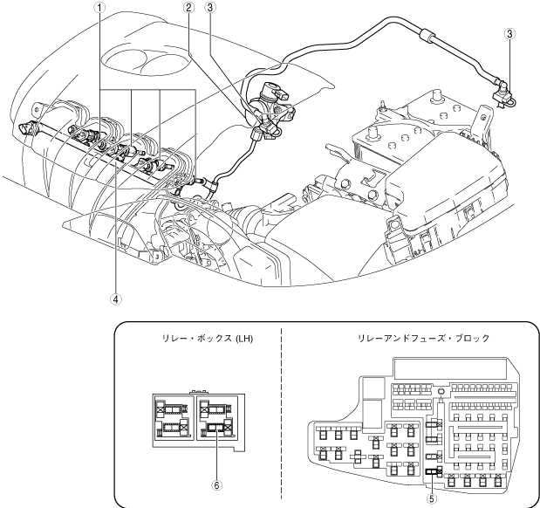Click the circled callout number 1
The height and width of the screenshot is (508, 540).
[x=101, y=7]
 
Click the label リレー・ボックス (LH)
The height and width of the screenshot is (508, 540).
[x=201, y=340]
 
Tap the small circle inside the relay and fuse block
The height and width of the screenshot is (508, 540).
[x=442, y=393]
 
